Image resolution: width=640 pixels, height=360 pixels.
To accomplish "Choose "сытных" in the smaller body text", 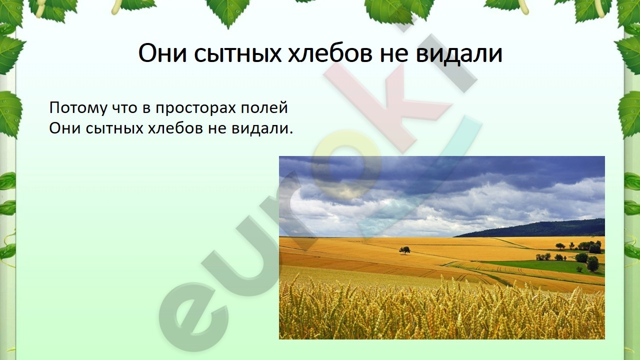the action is click(114, 129).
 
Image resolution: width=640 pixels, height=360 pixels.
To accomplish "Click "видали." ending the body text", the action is click(262, 128).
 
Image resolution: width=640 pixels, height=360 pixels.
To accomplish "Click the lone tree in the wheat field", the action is click(404, 250).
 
